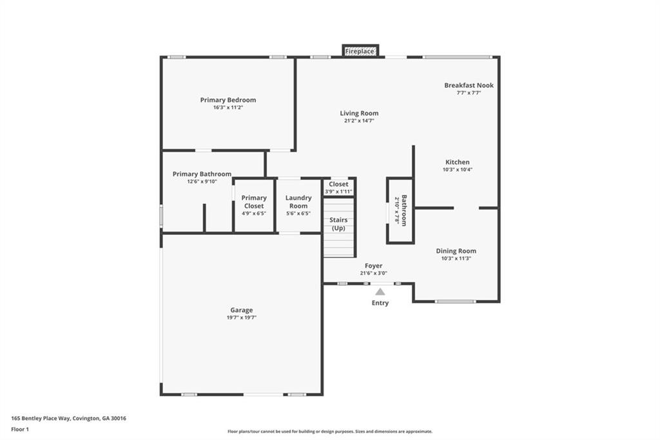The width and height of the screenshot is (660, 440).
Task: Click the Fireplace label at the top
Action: (360, 51)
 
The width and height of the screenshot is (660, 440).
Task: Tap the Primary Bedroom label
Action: (228, 100)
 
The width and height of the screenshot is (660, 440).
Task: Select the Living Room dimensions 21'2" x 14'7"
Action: (359, 121)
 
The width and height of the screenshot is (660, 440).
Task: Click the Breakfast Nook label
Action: (469, 85)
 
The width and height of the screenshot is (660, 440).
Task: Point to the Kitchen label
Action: (457, 162)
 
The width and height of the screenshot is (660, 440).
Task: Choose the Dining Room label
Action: (456, 251)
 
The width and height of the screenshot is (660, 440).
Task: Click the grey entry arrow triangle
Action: (380, 292)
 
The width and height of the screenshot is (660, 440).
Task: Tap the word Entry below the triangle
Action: (380, 303)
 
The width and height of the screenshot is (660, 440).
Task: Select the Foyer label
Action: (373, 265)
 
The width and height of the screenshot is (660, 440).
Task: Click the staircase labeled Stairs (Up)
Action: (338, 226)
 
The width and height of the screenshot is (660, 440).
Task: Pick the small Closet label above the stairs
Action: (338, 184)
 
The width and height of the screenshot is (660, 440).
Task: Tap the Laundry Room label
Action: (298, 202)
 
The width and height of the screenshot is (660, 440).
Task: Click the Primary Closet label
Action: (254, 202)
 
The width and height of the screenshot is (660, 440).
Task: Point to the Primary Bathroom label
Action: (202, 174)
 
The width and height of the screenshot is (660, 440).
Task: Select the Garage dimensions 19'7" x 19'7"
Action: (242, 318)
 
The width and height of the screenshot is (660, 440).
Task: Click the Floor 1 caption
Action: (20, 429)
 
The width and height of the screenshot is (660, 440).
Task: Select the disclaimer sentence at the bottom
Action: (329, 432)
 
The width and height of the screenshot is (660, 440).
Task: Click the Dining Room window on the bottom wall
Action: (455, 301)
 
